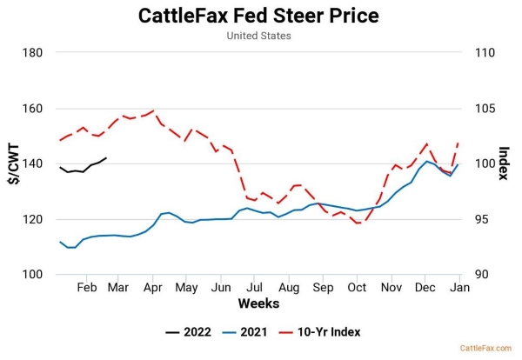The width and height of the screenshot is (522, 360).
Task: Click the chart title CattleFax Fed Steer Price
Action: (x=258, y=16)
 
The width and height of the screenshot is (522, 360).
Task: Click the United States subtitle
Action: (x=258, y=37)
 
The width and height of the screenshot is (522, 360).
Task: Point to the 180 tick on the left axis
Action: (x=32, y=52)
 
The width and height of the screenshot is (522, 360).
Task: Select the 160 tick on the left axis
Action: (x=32, y=109)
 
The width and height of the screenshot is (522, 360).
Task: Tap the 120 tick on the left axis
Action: (x=32, y=219)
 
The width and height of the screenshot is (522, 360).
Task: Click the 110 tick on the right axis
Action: (x=485, y=52)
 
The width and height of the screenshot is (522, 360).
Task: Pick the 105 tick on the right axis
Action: (x=485, y=109)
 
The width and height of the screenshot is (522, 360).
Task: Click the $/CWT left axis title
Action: (x=13, y=163)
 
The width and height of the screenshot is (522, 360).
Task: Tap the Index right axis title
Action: (x=504, y=163)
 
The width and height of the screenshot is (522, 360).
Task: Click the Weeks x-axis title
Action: (x=258, y=303)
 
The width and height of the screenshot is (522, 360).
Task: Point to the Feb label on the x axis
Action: (x=86, y=287)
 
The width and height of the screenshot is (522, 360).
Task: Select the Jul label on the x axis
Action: (x=255, y=287)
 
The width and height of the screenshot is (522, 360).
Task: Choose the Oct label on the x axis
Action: (x=357, y=287)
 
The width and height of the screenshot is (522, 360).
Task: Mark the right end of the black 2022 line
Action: (x=106, y=158)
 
